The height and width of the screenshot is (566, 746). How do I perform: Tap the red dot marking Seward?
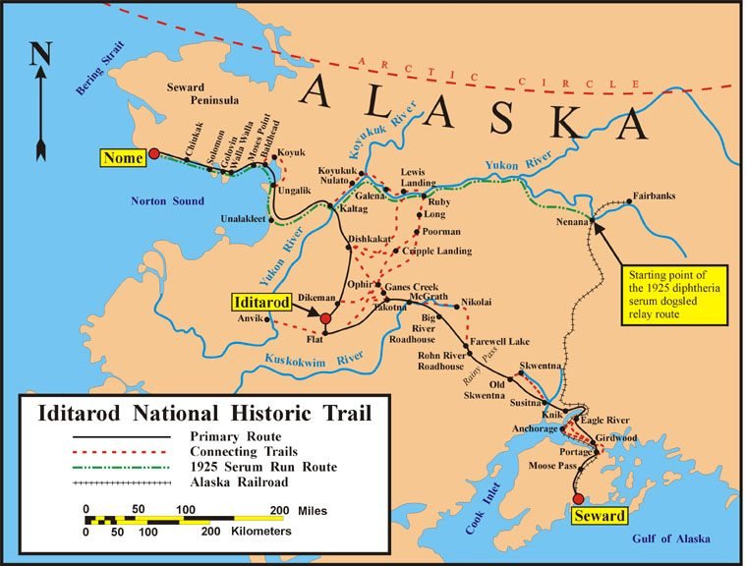578,497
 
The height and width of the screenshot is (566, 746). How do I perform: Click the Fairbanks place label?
654,197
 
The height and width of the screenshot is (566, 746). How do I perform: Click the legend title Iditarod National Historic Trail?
203,414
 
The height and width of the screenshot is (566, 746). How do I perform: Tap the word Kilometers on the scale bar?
257,531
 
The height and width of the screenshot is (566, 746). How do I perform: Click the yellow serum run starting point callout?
675,293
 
